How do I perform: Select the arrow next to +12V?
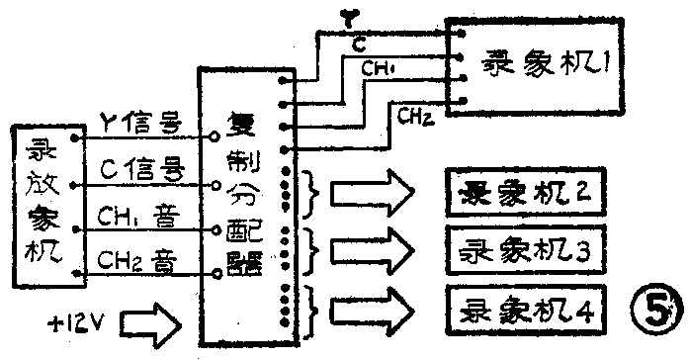[152, 322]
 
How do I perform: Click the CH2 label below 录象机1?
[413, 118]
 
